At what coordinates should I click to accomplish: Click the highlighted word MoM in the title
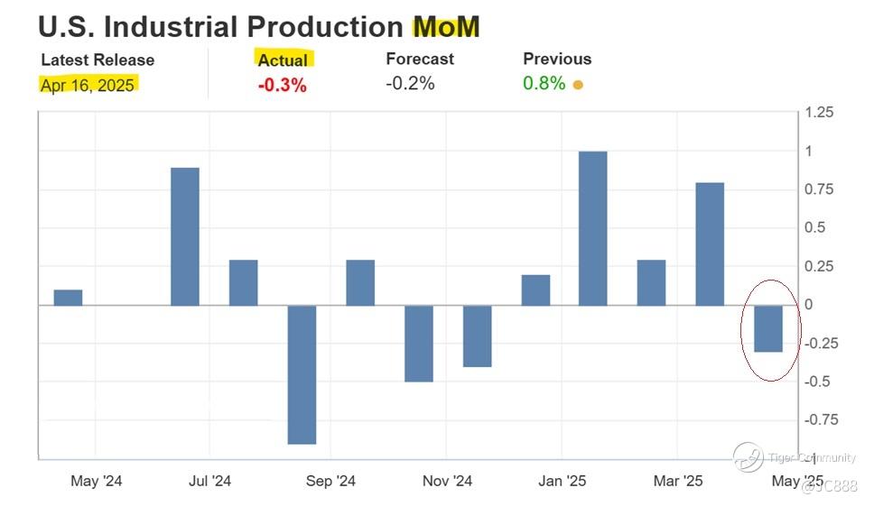(x=446, y=26)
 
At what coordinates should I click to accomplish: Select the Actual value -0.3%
(x=283, y=86)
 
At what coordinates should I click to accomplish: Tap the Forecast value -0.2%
(x=410, y=83)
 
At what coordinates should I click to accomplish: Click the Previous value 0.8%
(x=544, y=83)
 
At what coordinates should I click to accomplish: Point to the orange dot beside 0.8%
(x=578, y=86)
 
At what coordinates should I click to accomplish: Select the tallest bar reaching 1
(x=592, y=228)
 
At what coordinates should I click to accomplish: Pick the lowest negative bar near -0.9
(x=302, y=374)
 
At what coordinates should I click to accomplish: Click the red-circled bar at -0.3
(x=768, y=328)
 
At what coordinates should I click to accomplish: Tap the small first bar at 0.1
(x=68, y=298)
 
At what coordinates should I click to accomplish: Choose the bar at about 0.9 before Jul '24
(x=185, y=236)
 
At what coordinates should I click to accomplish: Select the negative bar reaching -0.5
(x=418, y=344)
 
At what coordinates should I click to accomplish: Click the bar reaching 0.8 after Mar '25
(x=710, y=244)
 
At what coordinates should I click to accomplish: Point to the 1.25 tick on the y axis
(x=819, y=113)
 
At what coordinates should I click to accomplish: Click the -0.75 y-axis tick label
(x=819, y=419)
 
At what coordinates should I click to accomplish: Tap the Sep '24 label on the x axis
(x=331, y=482)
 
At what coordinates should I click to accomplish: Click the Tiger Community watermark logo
(x=748, y=456)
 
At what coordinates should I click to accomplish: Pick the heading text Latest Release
(x=98, y=60)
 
